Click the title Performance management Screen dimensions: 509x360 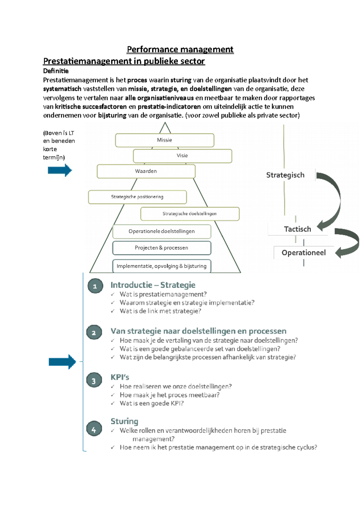[x=180, y=49]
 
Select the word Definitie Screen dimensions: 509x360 [x=56, y=71]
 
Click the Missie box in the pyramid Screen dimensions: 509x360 [x=164, y=140]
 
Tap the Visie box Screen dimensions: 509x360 [x=182, y=156]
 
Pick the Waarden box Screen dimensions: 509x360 [x=146, y=171]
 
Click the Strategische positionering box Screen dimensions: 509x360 [x=137, y=197]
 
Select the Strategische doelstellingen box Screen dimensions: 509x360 [x=190, y=214]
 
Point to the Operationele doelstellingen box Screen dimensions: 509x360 [x=162, y=231]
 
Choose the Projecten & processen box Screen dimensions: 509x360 [x=162, y=248]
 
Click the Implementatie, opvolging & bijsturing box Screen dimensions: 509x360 [x=162, y=266]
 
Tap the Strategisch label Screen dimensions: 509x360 [x=285, y=175]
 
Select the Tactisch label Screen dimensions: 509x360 [x=297, y=229]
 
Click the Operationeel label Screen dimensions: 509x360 [x=304, y=253]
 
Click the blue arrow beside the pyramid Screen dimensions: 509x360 [x=60, y=170]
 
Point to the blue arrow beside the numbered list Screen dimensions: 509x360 [x=62, y=362]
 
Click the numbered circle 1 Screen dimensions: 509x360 [x=95, y=286]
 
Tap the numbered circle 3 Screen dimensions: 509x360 [x=94, y=381]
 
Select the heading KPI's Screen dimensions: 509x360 [x=120, y=377]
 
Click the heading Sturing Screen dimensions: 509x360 [x=124, y=421]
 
